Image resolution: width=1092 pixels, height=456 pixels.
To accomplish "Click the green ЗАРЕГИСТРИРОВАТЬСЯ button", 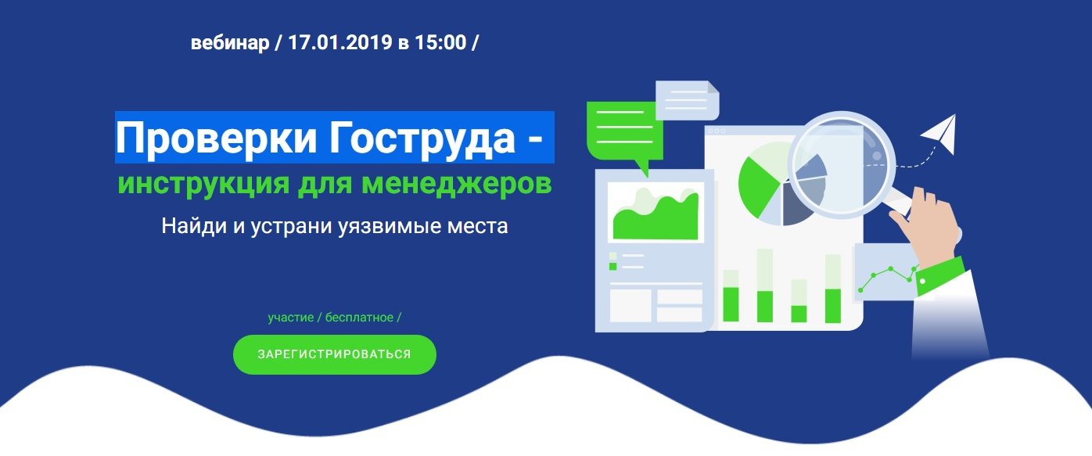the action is (x=335, y=354).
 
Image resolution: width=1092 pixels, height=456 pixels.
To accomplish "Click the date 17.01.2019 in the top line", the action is (x=340, y=42).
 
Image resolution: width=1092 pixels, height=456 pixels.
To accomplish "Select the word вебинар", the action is (x=230, y=43).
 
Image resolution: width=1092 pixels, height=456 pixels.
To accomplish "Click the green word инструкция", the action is (x=204, y=185).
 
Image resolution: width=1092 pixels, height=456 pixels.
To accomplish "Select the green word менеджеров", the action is (x=457, y=183).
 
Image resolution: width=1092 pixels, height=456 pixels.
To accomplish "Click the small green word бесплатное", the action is (x=359, y=318).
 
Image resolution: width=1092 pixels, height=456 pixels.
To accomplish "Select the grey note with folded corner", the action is (x=688, y=100).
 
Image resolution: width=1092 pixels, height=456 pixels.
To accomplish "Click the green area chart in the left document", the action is (x=656, y=217).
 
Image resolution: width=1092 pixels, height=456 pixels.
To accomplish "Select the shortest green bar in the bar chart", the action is (x=799, y=314).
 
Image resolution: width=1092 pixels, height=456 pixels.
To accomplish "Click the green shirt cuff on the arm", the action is (x=941, y=276).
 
